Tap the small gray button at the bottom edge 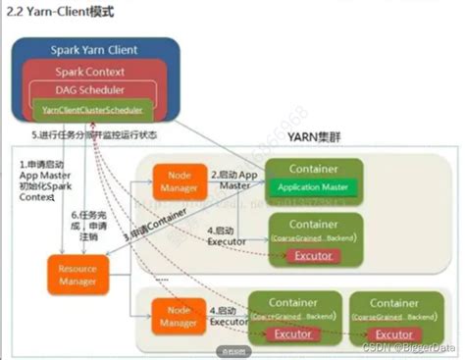(x=232, y=350)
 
